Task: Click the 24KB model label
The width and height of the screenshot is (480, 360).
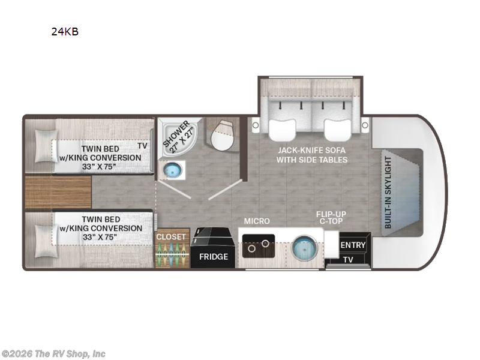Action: (x=65, y=32)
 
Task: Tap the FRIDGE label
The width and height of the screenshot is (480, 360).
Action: (x=214, y=257)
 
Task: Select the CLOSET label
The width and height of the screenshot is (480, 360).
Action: (x=171, y=236)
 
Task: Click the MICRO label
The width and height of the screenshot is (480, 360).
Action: (x=257, y=221)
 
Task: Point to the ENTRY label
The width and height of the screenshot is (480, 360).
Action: (x=353, y=245)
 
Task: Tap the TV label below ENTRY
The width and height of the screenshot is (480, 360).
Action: (x=348, y=260)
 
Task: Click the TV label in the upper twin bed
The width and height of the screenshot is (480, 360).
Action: (x=142, y=146)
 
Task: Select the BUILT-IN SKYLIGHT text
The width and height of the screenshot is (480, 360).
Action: (x=388, y=192)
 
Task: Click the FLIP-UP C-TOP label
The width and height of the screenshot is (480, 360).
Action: (x=331, y=217)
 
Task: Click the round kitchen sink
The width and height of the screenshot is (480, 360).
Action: (x=305, y=247)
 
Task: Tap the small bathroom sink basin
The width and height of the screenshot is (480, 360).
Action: (x=173, y=170)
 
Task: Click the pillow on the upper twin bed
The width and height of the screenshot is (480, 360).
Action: (x=46, y=146)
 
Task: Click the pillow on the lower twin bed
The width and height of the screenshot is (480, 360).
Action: (x=46, y=241)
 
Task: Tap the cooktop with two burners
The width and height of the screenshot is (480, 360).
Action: (x=259, y=246)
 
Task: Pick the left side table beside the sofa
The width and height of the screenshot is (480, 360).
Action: (x=256, y=125)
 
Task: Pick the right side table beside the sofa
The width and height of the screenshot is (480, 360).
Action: (x=365, y=125)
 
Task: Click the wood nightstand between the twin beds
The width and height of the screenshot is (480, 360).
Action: (x=58, y=192)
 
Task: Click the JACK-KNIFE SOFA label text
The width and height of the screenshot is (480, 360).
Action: (x=312, y=151)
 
